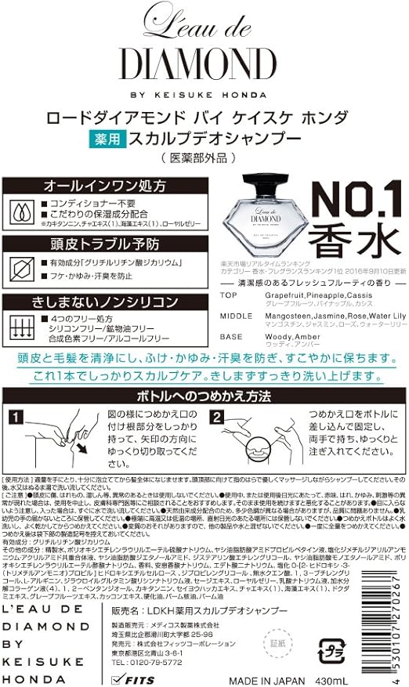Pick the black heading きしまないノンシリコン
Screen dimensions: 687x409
coord(100,302)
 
